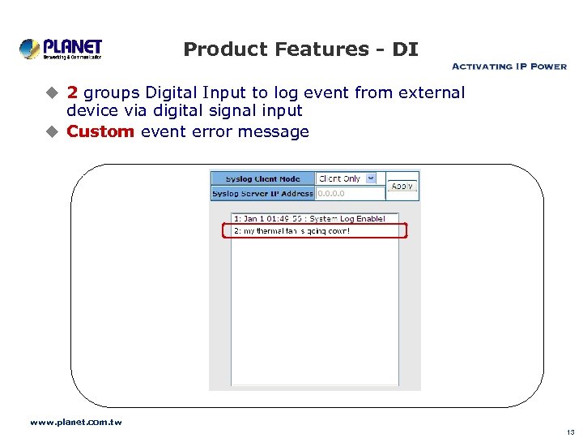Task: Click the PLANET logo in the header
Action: point(61,49)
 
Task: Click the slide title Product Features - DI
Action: point(300,49)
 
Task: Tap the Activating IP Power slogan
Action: point(509,67)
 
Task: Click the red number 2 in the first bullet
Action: point(73,92)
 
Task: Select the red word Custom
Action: point(100,131)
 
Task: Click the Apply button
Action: point(402,186)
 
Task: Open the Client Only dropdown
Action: point(347,178)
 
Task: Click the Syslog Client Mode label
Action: point(262,179)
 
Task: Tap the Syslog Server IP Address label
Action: point(262,194)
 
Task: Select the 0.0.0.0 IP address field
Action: point(350,194)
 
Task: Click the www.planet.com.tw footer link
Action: point(76,422)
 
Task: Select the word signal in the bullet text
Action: point(224,110)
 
